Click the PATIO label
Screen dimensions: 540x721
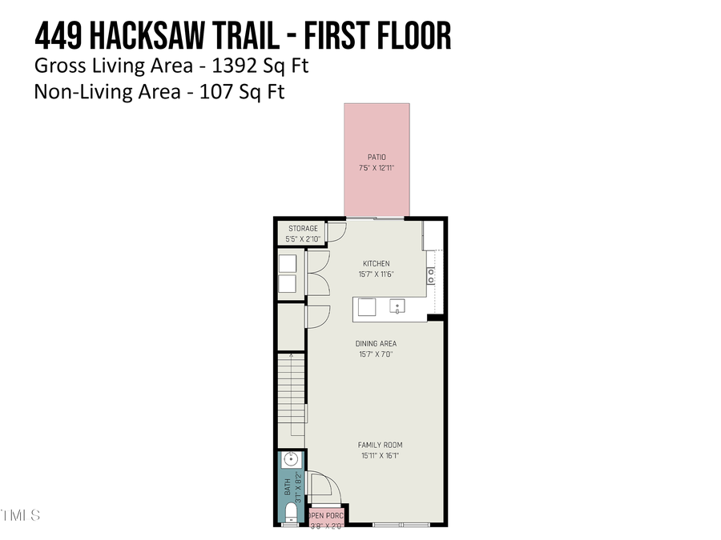pos(377,158)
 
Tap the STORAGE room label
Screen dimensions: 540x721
pos(303,229)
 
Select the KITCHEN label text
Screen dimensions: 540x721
pos(376,263)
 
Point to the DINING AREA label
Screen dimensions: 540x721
pos(376,344)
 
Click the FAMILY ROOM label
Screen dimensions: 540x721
pos(380,445)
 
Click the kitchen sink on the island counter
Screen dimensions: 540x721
pos(397,306)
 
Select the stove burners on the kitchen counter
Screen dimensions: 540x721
pos(431,276)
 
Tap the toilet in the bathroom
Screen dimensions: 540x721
pos(290,511)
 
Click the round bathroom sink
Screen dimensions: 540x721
pos(290,460)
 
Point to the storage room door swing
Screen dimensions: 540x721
pos(337,231)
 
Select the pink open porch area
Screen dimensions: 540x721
pos(326,518)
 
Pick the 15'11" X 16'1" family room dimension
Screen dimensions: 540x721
pos(380,456)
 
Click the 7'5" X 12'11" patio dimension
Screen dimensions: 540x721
pos(377,169)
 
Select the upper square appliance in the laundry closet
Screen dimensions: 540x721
pos(288,262)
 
